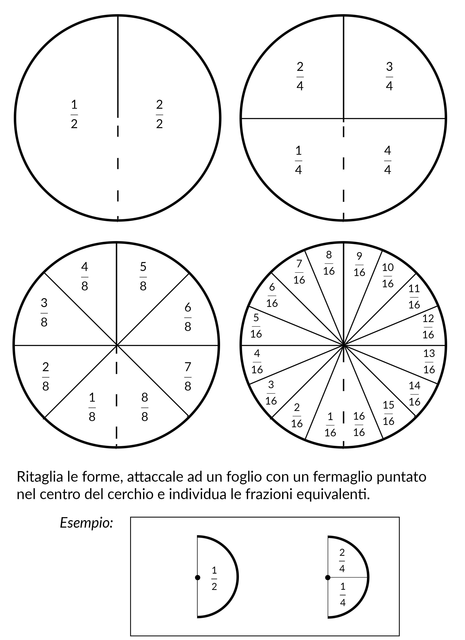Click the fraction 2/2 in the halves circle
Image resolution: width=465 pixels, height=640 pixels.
coord(159,114)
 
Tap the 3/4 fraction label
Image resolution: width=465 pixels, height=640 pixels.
coord(389,76)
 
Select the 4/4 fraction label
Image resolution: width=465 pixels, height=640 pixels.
coord(388,160)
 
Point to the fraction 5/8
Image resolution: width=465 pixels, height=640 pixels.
coord(143,277)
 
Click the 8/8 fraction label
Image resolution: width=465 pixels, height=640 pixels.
coord(145,407)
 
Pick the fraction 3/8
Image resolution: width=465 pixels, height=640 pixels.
coord(44,313)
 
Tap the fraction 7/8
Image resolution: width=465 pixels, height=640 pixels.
coord(188,377)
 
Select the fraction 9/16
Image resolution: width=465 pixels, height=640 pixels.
coord(359,264)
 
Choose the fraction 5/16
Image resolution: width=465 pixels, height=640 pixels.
coord(256,326)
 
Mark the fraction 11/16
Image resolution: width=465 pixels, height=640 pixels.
coord(414,297)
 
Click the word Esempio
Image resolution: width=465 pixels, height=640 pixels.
coord(86,523)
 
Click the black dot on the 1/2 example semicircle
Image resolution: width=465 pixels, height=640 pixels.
coord(198,578)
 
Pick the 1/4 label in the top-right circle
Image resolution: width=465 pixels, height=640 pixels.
coord(298,160)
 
